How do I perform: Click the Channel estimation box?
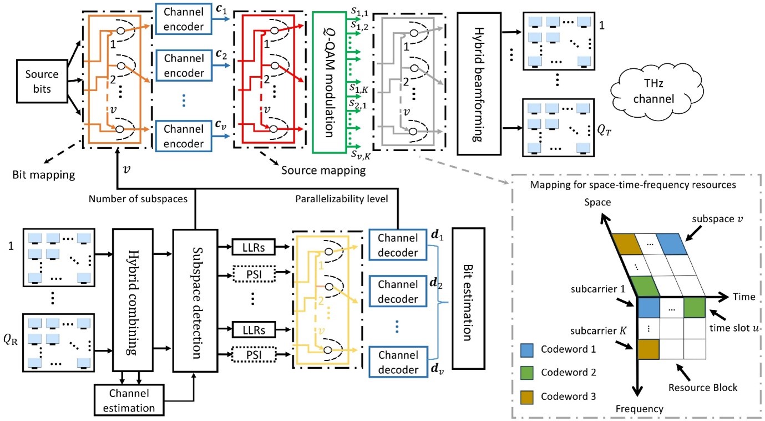pyautogui.click(x=130, y=399)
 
